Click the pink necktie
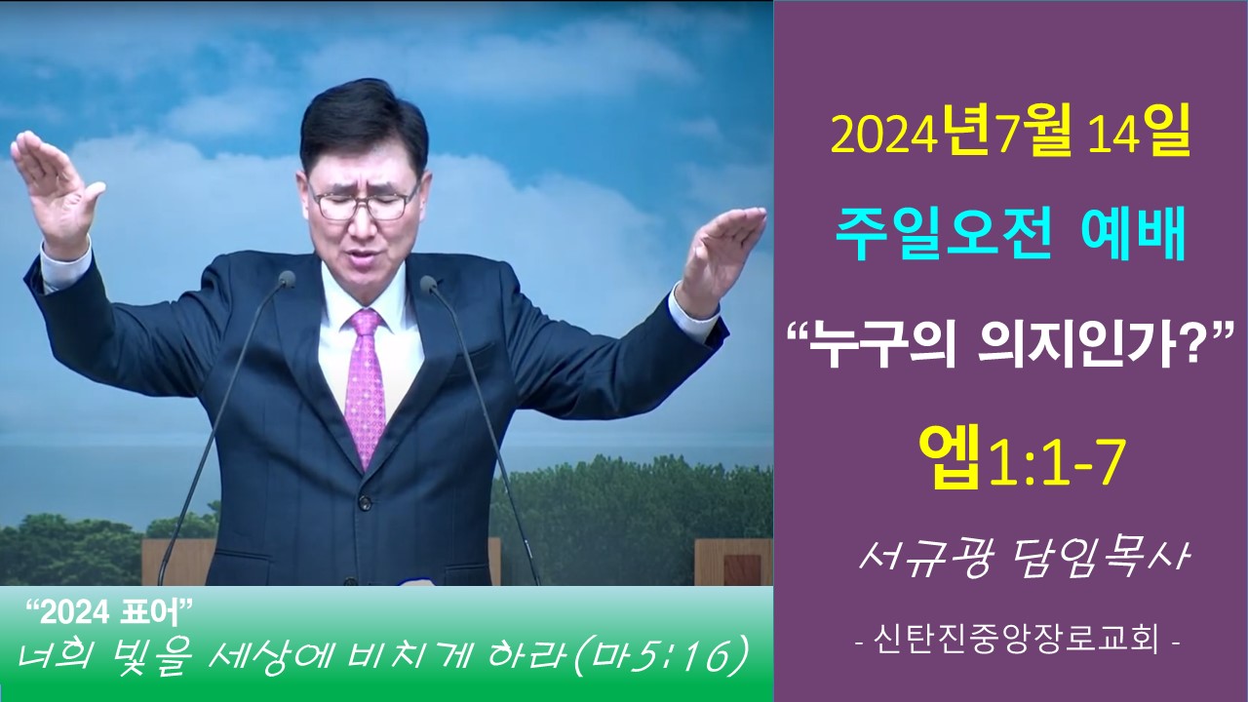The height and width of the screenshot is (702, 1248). tap(365, 384)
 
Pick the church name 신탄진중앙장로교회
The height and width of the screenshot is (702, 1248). tap(1016, 642)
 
